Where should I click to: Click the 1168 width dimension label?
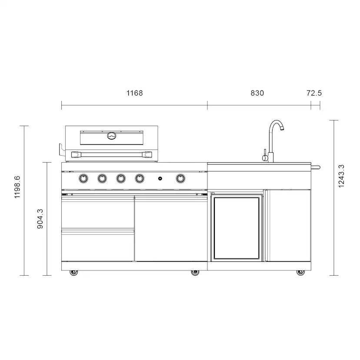tap(134, 93)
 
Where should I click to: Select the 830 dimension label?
tap(257, 93)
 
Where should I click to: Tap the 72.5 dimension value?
tap(314, 93)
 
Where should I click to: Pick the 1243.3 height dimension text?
tap(341, 176)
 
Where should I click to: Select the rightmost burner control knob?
tap(180, 178)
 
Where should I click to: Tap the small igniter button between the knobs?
tap(160, 178)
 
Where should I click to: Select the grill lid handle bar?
tap(112, 154)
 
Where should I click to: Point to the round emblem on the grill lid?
tap(112, 136)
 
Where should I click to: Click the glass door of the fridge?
tap(237, 227)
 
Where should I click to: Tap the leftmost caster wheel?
tap(73, 272)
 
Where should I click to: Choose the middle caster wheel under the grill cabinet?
tap(194, 272)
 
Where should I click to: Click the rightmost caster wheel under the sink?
tap(300, 272)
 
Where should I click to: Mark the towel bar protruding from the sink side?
tap(316, 167)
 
